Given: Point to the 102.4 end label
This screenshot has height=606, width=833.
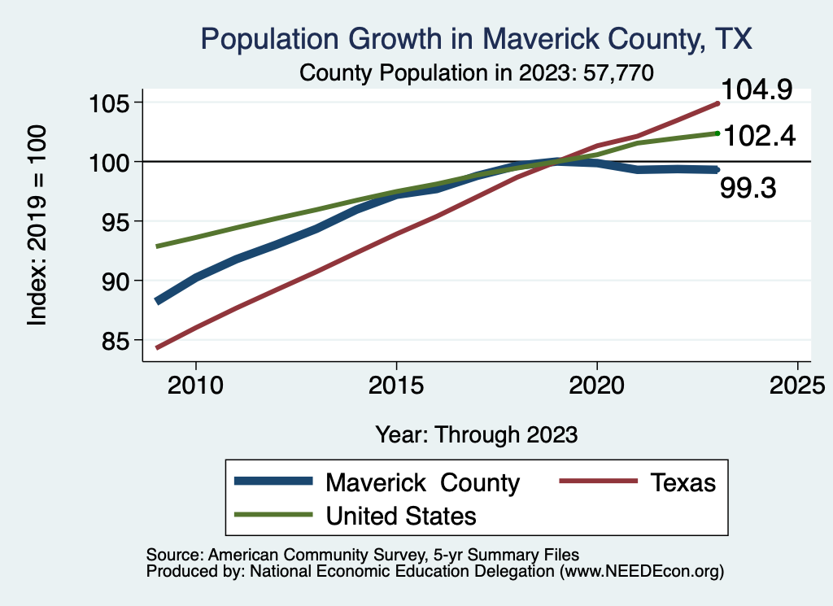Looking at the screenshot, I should pos(758,135).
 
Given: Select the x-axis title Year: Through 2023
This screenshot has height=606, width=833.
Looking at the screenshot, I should pos(477,434).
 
